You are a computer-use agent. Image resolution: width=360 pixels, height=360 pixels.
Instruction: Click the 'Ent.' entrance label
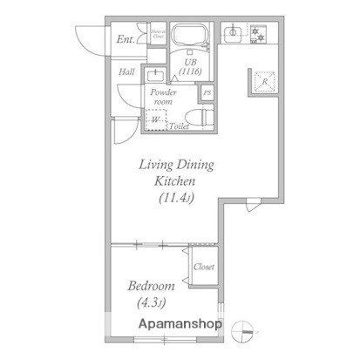126,39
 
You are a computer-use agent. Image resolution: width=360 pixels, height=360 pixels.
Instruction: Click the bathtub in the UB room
190,37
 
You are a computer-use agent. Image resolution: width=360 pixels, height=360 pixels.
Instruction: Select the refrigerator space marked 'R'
264,82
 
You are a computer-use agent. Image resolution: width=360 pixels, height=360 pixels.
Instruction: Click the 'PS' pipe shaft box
207,93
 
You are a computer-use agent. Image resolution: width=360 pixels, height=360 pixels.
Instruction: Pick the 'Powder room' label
162,96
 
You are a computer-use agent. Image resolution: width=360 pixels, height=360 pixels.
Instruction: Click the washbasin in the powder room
156,75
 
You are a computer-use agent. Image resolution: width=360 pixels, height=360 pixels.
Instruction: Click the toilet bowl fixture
197,116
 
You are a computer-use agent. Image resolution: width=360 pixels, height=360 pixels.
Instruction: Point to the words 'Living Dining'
178,164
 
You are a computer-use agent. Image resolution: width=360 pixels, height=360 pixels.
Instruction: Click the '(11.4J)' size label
177,198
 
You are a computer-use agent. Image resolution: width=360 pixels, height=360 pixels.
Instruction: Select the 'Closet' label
204,267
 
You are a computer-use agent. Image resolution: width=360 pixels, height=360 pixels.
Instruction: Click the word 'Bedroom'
152,286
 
